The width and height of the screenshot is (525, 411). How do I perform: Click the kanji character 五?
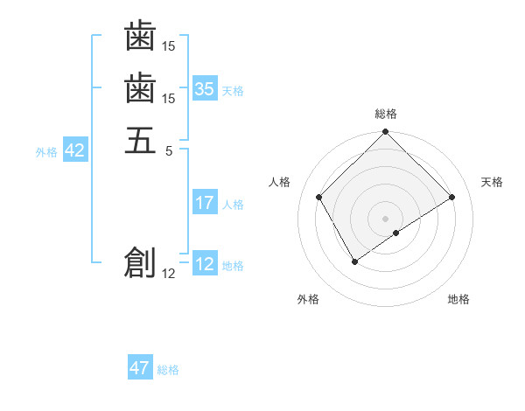pos(140,140)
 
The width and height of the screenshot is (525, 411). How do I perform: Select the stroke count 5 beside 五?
pos(170,150)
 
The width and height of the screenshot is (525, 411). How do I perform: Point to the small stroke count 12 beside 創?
pos(169,274)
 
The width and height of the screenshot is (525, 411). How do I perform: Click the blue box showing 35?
pos(205,88)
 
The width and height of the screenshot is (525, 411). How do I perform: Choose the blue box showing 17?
pos(205,203)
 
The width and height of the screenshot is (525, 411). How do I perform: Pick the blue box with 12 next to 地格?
pos(205,264)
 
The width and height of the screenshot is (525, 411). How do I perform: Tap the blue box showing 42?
pos(75,150)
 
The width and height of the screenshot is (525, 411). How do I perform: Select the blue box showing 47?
pos(140,368)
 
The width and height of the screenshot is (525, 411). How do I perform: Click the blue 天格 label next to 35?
pos(233,90)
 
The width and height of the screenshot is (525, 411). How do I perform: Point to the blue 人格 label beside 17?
pos(233,205)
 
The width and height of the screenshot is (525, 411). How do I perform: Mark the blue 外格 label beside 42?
pos(46,152)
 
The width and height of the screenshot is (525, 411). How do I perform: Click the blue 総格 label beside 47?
pos(168,370)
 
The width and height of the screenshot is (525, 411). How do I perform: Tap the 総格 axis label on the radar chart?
pos(386,114)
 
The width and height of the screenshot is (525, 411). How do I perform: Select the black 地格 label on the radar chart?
pos(458,299)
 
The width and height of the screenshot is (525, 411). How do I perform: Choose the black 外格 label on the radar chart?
pos(308,299)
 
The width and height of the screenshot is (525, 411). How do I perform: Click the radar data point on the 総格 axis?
pos(386,133)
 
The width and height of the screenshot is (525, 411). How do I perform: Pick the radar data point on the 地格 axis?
pos(396,233)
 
